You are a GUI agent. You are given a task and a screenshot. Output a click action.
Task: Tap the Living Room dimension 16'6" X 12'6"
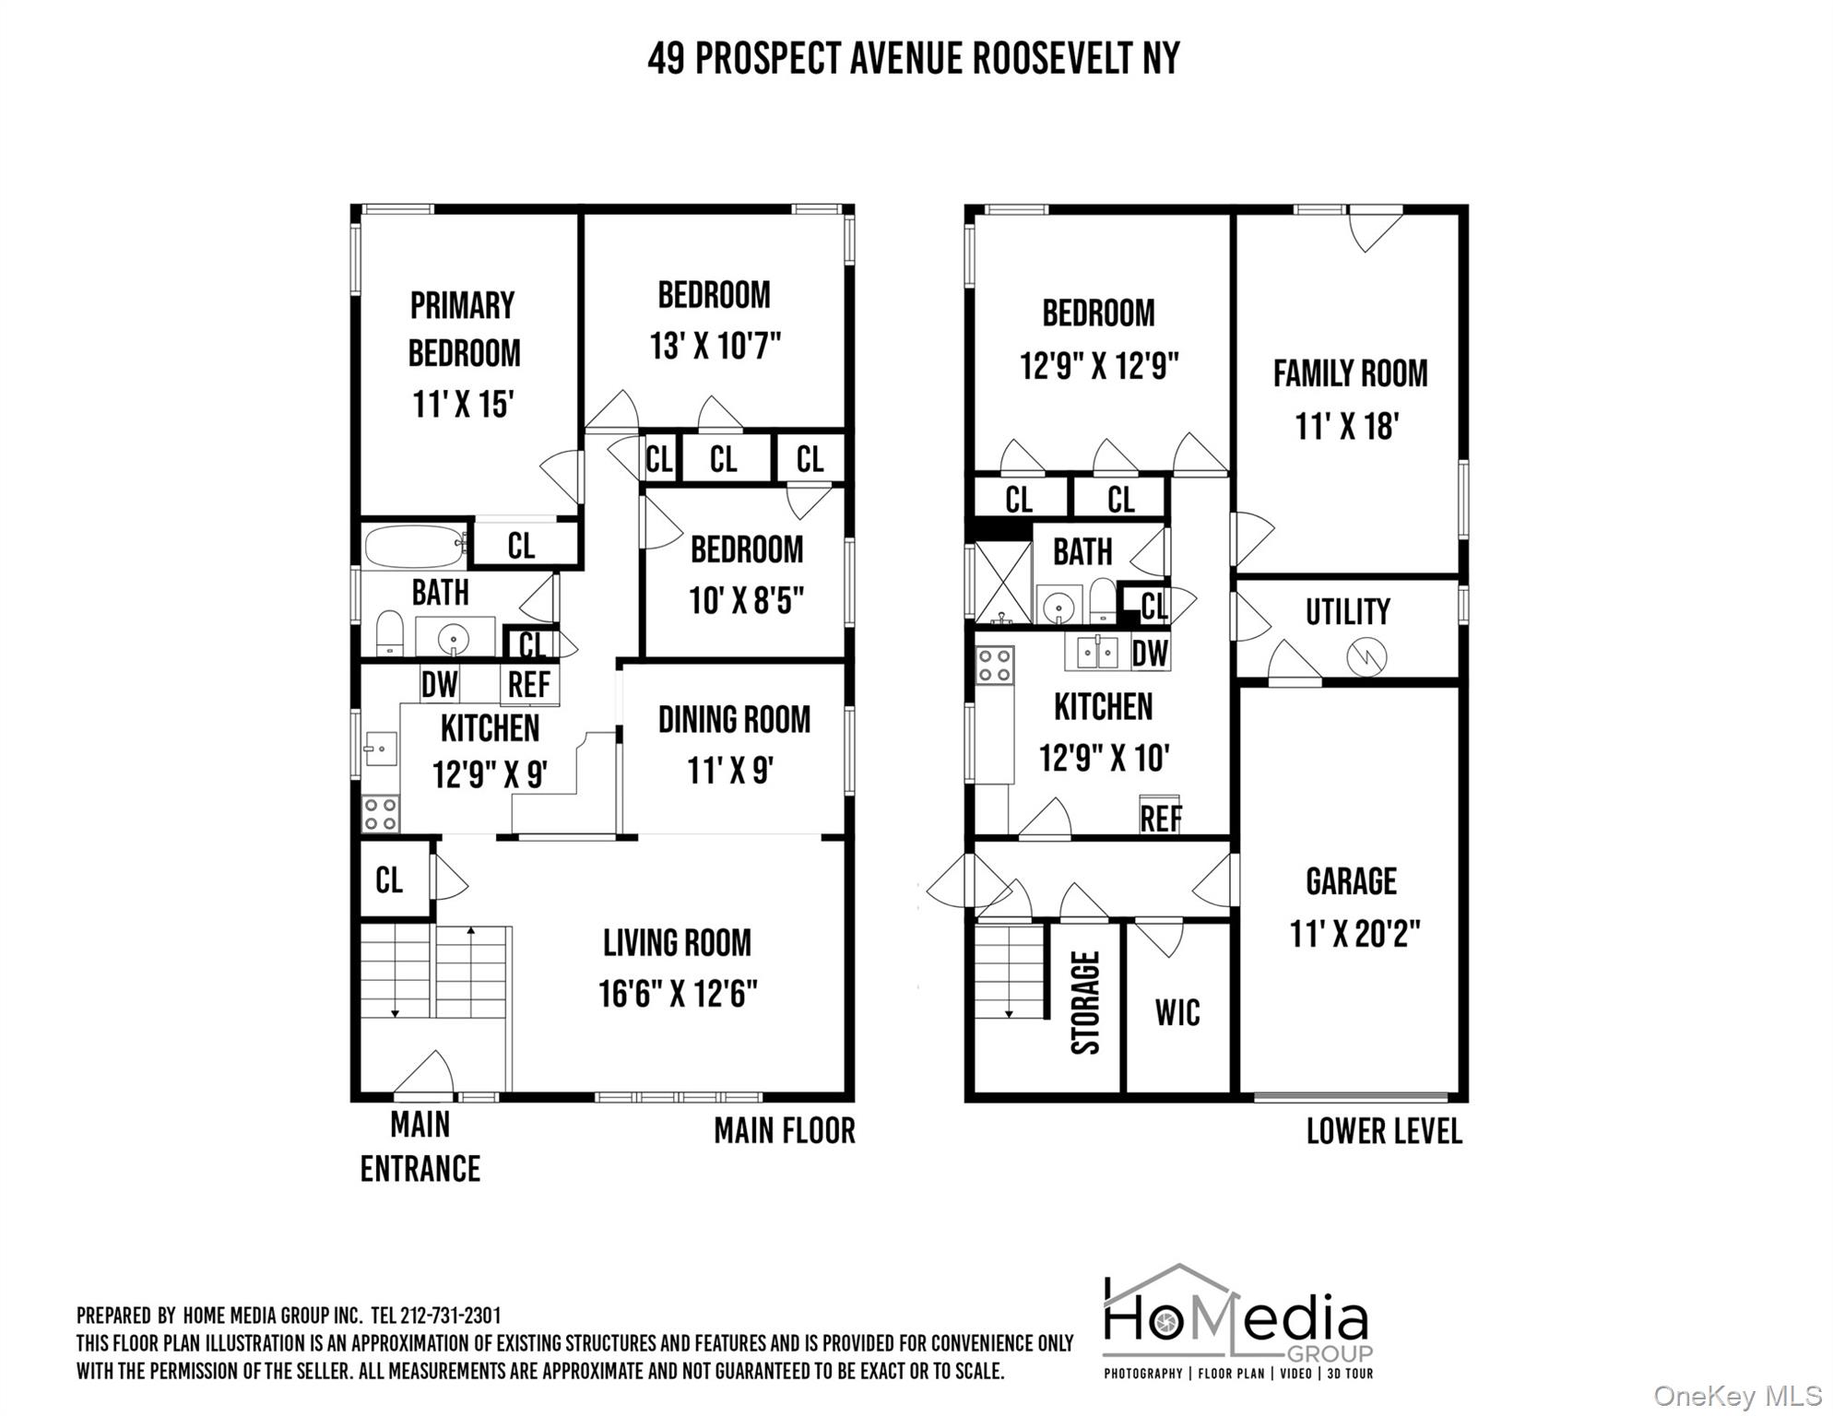678,994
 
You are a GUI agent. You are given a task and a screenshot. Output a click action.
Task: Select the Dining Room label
734,720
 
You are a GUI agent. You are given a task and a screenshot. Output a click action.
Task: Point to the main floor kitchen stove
380,814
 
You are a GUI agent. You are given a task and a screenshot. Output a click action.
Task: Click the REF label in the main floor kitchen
529,684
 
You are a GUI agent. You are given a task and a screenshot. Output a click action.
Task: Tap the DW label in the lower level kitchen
1150,654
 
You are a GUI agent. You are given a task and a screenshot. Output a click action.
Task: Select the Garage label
1351,881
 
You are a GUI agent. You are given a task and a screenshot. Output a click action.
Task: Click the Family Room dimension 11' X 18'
1347,427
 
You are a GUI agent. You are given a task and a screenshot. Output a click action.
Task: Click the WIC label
1177,1012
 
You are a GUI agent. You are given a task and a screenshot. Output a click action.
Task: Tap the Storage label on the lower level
1086,1002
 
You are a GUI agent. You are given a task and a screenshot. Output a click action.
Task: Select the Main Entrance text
420,1147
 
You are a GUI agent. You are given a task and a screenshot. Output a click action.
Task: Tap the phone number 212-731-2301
451,1316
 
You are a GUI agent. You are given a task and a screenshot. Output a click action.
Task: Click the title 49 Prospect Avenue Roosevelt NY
913,59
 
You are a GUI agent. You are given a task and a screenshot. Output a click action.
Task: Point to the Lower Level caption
1384,1131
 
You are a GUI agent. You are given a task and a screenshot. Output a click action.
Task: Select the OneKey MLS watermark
1739,1397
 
